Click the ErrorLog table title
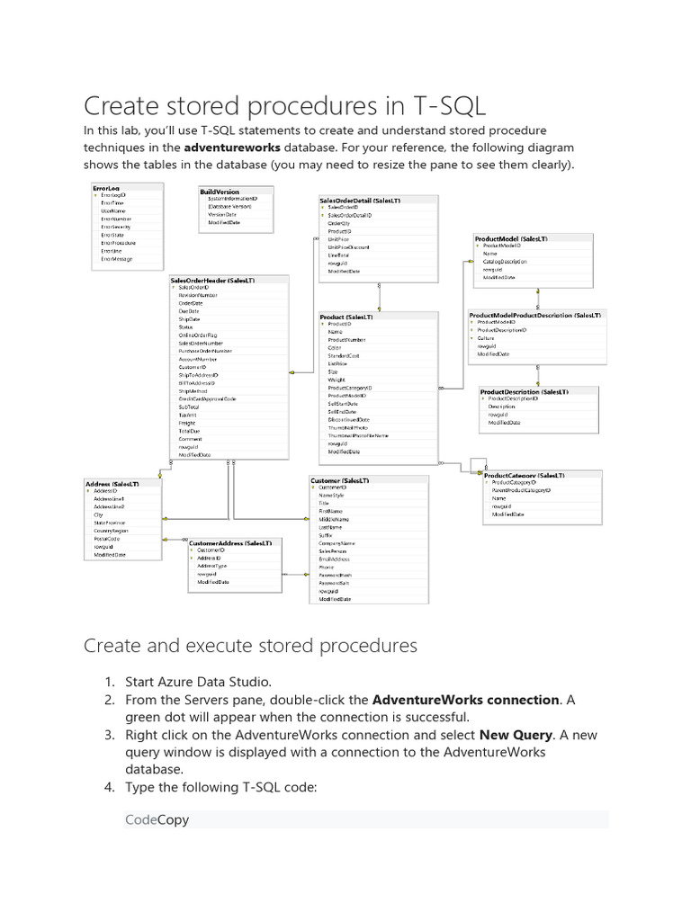[x=106, y=187]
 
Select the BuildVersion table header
[x=220, y=192]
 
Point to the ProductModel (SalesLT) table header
[x=511, y=238]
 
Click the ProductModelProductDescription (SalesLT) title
[x=534, y=316]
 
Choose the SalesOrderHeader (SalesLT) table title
[x=212, y=280]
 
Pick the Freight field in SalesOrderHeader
[x=187, y=423]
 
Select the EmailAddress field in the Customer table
[x=335, y=559]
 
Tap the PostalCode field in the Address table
[x=107, y=539]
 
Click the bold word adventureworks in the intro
[x=232, y=147]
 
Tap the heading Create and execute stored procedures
[x=250, y=646]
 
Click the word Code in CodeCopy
[x=140, y=819]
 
